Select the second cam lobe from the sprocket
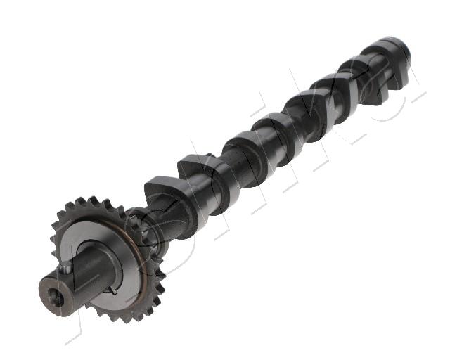[201, 169]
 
